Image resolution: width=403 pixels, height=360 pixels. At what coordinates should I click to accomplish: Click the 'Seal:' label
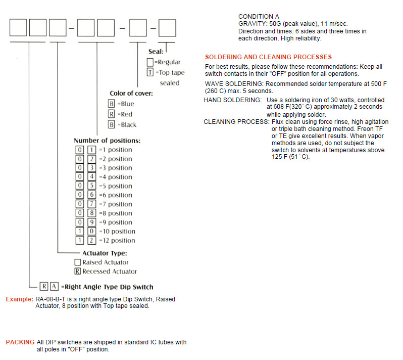[x=156, y=52]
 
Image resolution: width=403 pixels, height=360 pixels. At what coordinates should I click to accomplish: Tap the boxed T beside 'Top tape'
[x=149, y=72]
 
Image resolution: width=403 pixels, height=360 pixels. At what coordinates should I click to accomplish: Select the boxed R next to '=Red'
[x=112, y=114]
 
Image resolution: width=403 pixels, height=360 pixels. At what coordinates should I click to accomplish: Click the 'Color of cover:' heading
[x=131, y=94]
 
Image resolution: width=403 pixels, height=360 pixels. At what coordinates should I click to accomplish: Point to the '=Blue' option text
[x=126, y=104]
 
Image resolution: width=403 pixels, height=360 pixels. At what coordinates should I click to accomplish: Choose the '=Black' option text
[x=127, y=125]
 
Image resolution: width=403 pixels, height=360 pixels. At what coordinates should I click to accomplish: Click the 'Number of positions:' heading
[x=107, y=141]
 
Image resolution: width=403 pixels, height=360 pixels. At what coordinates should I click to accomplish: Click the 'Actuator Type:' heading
[x=105, y=253]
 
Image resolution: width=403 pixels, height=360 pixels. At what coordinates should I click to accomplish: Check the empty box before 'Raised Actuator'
[x=77, y=262]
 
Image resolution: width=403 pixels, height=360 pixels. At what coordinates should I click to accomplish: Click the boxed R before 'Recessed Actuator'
[x=77, y=272]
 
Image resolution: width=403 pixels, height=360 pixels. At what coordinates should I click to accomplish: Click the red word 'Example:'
[x=20, y=299]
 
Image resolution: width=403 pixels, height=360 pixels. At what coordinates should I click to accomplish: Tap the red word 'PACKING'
[x=20, y=342]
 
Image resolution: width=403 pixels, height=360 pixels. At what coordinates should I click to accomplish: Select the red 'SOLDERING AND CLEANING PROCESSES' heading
[x=268, y=57]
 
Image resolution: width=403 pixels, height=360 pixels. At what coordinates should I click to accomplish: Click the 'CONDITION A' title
[x=258, y=17]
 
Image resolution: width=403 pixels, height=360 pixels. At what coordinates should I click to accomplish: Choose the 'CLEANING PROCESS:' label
[x=236, y=122]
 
